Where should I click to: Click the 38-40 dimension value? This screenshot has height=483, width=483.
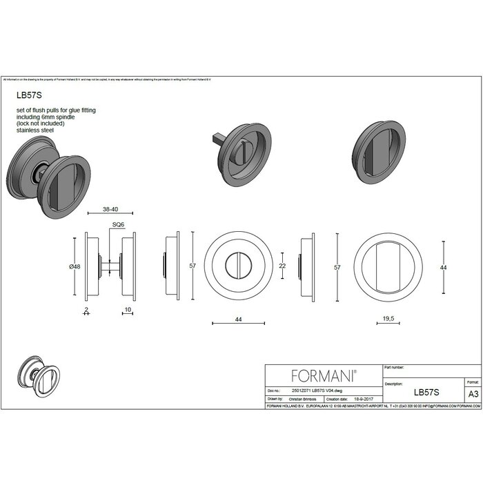[x=110, y=208]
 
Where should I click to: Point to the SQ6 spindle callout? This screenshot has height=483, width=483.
[x=118, y=225]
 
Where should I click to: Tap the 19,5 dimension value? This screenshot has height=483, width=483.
[x=387, y=318]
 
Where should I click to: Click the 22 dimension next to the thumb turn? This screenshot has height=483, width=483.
[x=282, y=266]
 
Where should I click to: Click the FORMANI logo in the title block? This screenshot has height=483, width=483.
[x=324, y=375]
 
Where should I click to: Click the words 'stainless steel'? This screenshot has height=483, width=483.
[x=35, y=130]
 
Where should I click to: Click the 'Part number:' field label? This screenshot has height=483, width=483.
[x=394, y=368]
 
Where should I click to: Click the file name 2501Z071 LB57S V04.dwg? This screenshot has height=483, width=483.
[x=313, y=390]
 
